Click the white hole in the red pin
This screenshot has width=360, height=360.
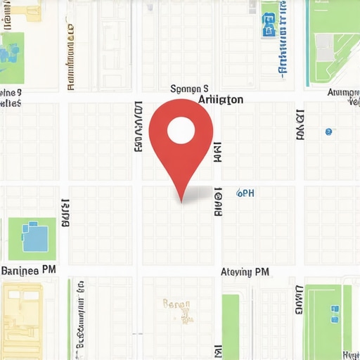pyautogui.click(x=181, y=129)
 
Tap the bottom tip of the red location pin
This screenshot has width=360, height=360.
pyautogui.click(x=182, y=202)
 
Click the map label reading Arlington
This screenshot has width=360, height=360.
pyautogui.click(x=221, y=100)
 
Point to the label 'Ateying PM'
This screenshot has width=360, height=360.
pyautogui.click(x=245, y=271)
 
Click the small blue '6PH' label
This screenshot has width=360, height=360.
pyautogui.click(x=245, y=192)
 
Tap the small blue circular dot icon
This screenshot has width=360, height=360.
pyautogui.click(x=328, y=131)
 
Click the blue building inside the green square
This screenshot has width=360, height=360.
pyautogui.click(x=34, y=237)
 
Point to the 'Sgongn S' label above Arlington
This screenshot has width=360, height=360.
pyautogui.click(x=190, y=89)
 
